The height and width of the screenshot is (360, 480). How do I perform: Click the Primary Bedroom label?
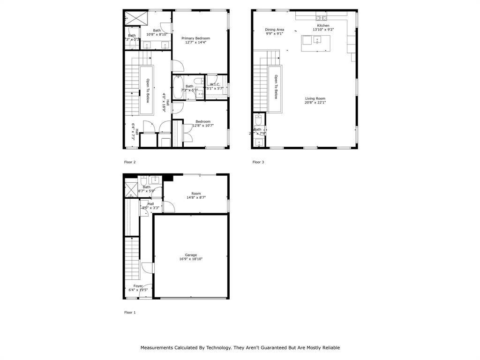(x=195, y=38)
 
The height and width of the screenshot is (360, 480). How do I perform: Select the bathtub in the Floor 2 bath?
(x=178, y=88)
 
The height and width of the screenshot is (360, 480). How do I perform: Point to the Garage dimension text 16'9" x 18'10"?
(x=190, y=259)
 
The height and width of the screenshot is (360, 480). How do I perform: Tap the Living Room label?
(x=315, y=98)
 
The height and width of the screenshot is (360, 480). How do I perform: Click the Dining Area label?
(x=274, y=30)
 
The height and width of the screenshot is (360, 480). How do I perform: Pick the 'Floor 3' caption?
(x=258, y=162)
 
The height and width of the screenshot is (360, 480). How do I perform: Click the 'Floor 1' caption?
(x=130, y=312)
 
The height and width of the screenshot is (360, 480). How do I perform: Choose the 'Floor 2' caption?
(x=130, y=162)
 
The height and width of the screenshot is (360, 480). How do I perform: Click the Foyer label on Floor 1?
(x=138, y=286)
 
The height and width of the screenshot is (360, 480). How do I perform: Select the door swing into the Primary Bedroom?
(x=177, y=66)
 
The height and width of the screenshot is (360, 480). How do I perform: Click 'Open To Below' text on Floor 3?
(x=276, y=87)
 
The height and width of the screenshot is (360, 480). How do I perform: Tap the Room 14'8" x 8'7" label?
(x=196, y=194)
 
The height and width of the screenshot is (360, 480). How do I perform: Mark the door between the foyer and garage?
(x=149, y=267)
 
